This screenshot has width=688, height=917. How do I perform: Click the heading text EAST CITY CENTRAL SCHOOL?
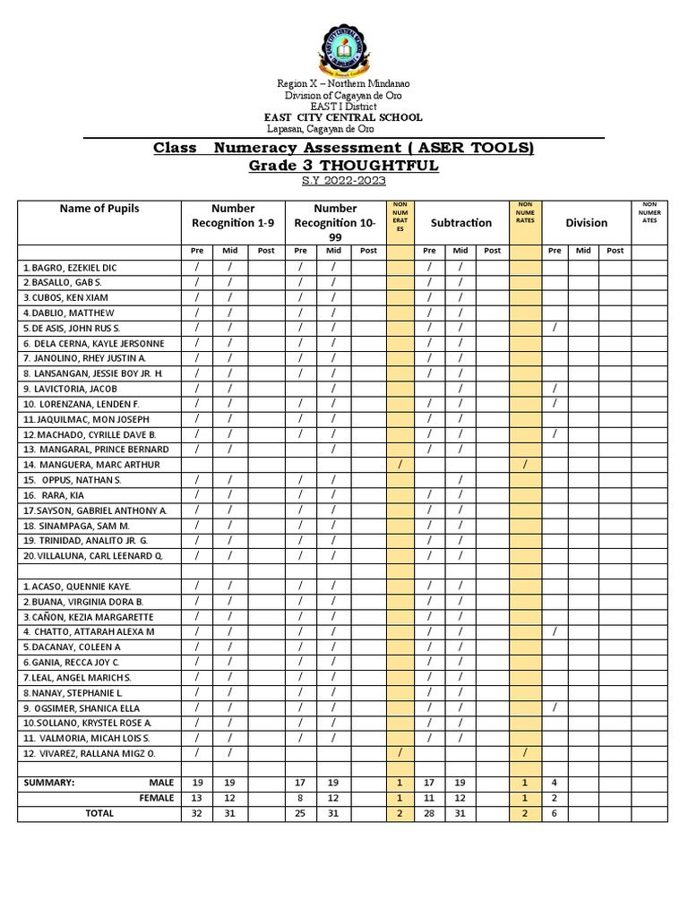pyautogui.click(x=342, y=117)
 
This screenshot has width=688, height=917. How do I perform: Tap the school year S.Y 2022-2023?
pyautogui.click(x=343, y=181)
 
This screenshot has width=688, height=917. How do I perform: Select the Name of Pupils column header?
pyautogui.click(x=99, y=209)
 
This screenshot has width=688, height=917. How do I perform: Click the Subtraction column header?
pyautogui.click(x=460, y=222)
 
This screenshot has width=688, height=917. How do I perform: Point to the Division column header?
pyautogui.click(x=586, y=222)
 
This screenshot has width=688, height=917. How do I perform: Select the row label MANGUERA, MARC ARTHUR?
pyautogui.click(x=91, y=465)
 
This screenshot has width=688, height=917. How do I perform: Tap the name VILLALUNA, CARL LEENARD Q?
pyautogui.click(x=93, y=555)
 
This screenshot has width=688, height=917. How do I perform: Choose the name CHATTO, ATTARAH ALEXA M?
pyautogui.click(x=89, y=631)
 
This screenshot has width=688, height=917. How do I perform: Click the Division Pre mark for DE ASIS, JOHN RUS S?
pyautogui.click(x=555, y=328)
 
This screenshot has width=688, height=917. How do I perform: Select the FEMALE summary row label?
pyautogui.click(x=156, y=798)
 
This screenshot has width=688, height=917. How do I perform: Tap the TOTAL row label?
pyautogui.click(x=99, y=813)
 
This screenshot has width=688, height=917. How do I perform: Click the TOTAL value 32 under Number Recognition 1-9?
pyautogui.click(x=196, y=813)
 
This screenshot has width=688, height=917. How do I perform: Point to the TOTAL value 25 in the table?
pyautogui.click(x=300, y=813)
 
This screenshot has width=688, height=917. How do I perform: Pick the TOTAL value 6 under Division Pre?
pyautogui.click(x=555, y=813)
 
